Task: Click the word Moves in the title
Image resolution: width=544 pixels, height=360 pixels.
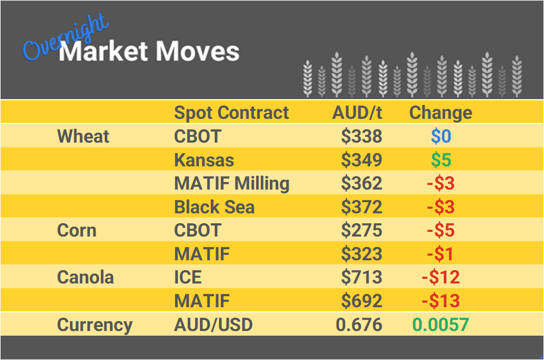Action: click(197, 52)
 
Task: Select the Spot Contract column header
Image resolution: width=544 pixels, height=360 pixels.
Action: click(231, 112)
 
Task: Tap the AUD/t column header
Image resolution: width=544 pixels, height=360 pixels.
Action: click(357, 112)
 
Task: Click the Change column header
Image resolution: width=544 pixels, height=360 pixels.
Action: click(440, 112)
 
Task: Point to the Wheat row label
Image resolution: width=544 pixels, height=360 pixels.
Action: click(83, 136)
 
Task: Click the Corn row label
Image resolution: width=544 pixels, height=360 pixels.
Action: click(76, 230)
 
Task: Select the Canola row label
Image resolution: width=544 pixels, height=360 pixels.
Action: click(85, 277)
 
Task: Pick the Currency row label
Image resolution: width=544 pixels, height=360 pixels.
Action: click(94, 325)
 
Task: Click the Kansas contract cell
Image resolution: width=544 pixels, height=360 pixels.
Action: click(204, 159)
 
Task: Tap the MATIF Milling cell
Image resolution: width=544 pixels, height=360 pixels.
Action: click(232, 183)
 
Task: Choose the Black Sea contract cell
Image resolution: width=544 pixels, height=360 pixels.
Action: click(214, 207)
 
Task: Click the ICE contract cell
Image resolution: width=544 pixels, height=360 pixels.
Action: click(188, 277)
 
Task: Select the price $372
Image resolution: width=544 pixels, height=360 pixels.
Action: click(362, 207)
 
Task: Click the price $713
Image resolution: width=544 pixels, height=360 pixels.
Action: click(362, 277)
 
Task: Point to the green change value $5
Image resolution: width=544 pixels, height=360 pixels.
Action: click(441, 159)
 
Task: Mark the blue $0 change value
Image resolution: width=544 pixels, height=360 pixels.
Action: click(441, 136)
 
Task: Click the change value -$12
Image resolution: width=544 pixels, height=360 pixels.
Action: click(440, 277)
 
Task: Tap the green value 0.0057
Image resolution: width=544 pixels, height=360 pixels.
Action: click(440, 325)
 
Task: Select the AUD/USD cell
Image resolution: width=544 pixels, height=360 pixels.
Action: click(213, 325)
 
